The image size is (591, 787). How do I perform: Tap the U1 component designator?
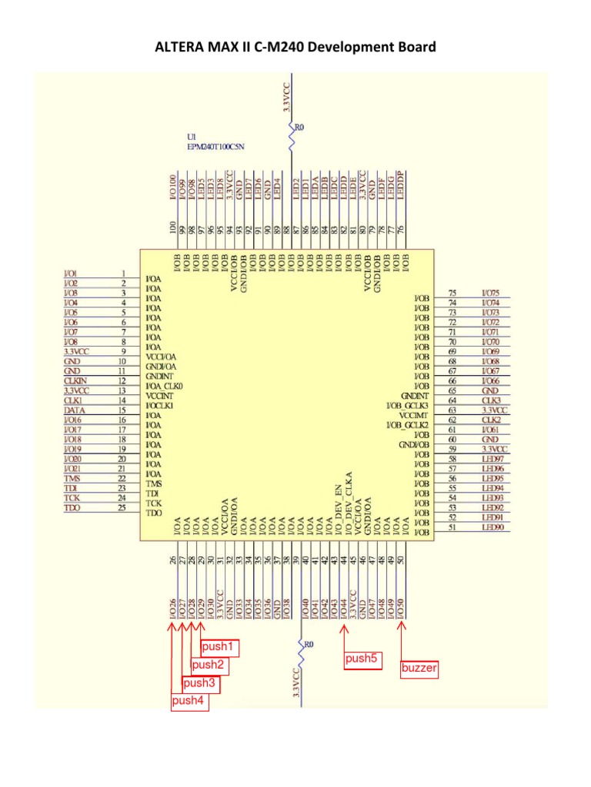tap(182, 136)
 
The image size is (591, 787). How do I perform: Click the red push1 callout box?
tap(219, 646)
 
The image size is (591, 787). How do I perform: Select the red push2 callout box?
tap(209, 665)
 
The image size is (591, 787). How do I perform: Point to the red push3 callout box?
tap(199, 682)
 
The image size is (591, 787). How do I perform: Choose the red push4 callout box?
tap(190, 701)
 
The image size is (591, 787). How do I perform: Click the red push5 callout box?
tap(362, 659)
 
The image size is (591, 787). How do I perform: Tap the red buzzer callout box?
tap(419, 669)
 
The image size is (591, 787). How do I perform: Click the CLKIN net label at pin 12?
tap(75, 381)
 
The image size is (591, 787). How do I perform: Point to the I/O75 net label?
tap(490, 293)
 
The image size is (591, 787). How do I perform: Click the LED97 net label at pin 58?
tap(492, 459)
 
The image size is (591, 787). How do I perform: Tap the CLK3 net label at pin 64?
tap(491, 400)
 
